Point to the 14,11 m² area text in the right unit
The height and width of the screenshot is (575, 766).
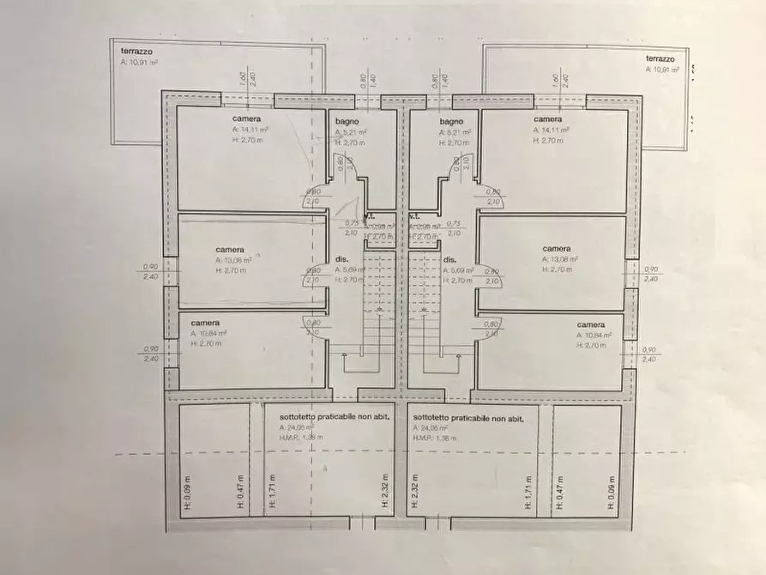click(552, 130)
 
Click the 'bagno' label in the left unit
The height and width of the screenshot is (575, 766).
click(347, 123)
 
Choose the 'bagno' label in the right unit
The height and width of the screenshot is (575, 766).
click(451, 123)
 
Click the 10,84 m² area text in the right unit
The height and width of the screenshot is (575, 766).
click(594, 335)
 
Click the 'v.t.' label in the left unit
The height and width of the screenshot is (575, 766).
click(370, 216)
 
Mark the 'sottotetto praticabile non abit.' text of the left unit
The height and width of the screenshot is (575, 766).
click(314, 415)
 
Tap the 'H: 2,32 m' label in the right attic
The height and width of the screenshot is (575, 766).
click(414, 493)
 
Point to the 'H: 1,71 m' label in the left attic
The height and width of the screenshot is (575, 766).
click(270, 493)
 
